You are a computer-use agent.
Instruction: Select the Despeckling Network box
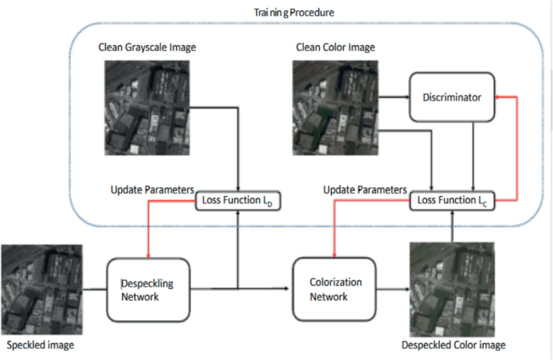click(149, 289)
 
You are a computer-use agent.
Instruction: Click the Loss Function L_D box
click(237, 199)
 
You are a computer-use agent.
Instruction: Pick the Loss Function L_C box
click(451, 199)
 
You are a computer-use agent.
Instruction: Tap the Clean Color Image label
click(336, 48)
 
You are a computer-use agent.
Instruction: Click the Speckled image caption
click(38, 345)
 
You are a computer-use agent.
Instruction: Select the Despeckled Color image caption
click(453, 345)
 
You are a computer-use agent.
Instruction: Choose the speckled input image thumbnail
click(41, 291)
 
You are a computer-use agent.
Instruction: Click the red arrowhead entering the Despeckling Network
click(149, 253)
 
